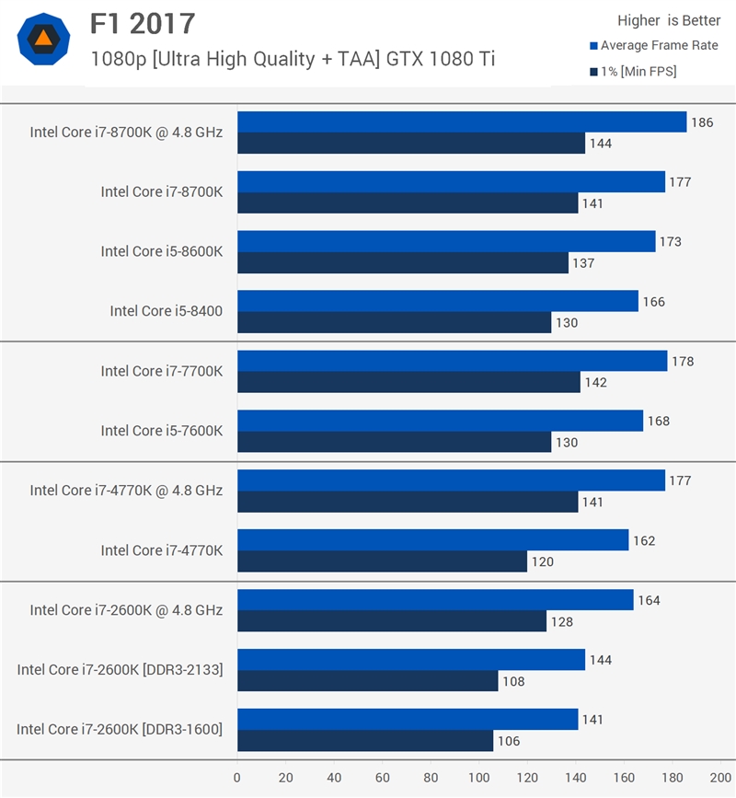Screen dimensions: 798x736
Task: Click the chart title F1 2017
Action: pyautogui.click(x=143, y=23)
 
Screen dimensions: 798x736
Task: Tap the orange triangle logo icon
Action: pyautogui.click(x=42, y=39)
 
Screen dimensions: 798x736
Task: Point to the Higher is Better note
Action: pyautogui.click(x=668, y=21)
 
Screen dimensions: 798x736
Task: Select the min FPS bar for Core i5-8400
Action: pyautogui.click(x=394, y=322)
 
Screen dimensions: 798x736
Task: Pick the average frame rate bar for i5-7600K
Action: pyautogui.click(x=440, y=421)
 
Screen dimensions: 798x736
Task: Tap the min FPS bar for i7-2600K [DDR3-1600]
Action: pyautogui.click(x=365, y=741)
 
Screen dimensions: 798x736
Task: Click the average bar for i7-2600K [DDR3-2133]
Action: pyautogui.click(x=411, y=660)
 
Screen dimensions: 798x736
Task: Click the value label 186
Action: pyautogui.click(x=702, y=122)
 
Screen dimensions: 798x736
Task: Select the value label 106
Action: pyautogui.click(x=508, y=741)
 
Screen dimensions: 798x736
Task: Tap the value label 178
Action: pyautogui.click(x=683, y=362)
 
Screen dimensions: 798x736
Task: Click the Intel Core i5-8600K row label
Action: pyautogui.click(x=162, y=251)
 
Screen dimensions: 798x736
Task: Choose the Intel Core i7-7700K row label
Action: pyautogui.click(x=162, y=371)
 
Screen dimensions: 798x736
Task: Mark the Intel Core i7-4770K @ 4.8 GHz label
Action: pyautogui.click(x=126, y=491)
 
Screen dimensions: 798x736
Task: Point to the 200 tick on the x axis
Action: pyautogui.click(x=720, y=778)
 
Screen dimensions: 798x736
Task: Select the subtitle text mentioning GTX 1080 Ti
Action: pyautogui.click(x=293, y=59)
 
